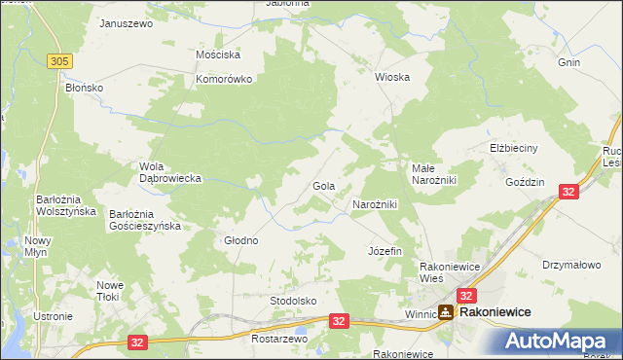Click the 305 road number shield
(x=59, y=61)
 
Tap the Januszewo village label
(x=127, y=23)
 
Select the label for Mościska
(x=218, y=55)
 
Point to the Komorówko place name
(x=225, y=80)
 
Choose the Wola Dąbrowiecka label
(x=170, y=172)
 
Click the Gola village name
(x=324, y=185)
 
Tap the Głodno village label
(x=241, y=240)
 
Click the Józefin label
(x=385, y=251)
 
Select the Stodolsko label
(x=294, y=301)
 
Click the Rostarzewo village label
(x=279, y=340)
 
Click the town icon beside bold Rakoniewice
(x=445, y=312)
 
